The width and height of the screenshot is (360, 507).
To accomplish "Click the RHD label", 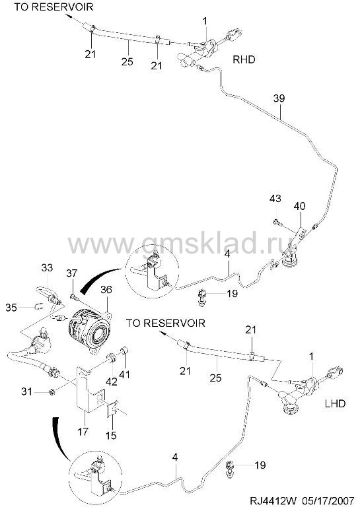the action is click(244, 59).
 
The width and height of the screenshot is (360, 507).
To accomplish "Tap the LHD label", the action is click(334, 403).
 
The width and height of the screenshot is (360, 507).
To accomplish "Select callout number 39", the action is click(279, 98).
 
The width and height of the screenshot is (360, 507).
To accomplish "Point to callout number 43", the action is click(275, 198).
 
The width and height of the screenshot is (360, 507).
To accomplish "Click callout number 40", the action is click(299, 206).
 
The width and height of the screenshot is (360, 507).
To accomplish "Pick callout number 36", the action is click(106, 289).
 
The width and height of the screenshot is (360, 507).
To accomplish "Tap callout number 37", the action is click(72, 273).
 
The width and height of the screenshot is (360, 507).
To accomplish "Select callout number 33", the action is click(47, 268).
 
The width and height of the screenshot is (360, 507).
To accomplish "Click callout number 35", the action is click(11, 308).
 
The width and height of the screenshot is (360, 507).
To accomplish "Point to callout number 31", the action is click(26, 392).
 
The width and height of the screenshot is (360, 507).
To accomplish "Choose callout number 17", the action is click(83, 431).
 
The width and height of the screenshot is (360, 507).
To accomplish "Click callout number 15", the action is click(110, 435).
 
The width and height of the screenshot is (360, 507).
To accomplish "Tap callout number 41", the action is click(125, 374).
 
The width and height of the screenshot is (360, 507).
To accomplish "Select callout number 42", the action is click(112, 382).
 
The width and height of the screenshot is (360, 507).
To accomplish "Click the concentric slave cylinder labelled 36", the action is click(89, 332).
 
